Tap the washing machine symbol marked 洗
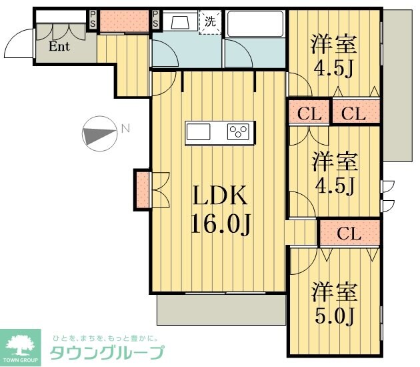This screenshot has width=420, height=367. coord(210,21)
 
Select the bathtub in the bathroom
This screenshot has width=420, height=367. coord(255,25)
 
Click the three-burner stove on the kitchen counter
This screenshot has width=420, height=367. coord(239,131)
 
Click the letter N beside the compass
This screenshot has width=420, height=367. coord(125,129)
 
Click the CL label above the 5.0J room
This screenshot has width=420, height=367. coord(349,234)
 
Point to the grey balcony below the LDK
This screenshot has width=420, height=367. coord(221,311)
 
